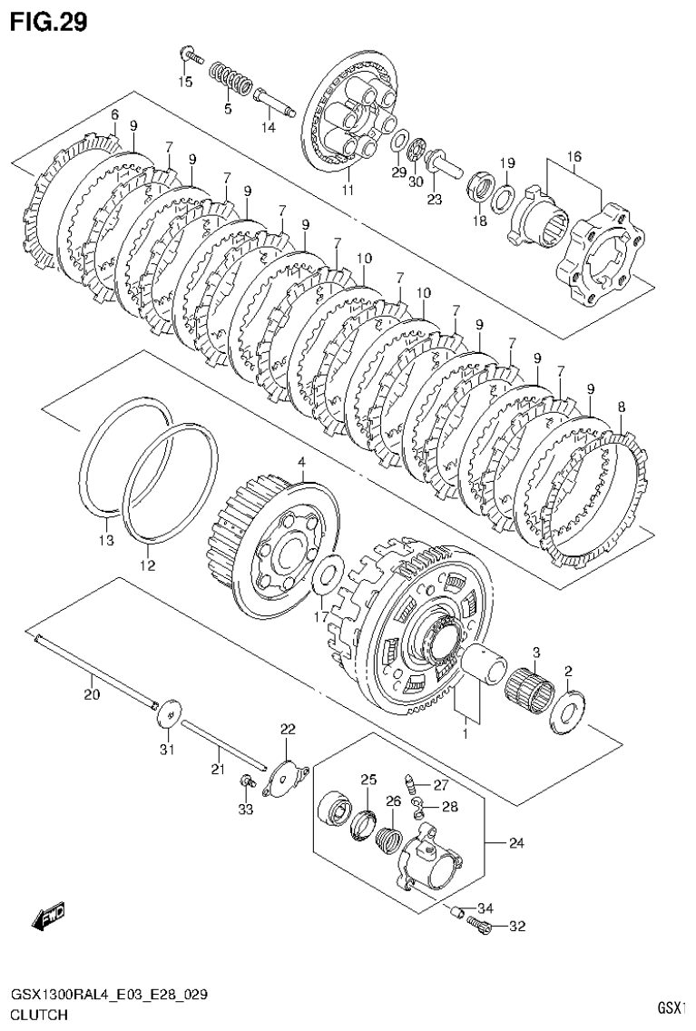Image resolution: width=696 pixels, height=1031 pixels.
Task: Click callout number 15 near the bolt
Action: click(185, 83)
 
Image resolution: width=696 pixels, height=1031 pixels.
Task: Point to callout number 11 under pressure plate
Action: click(347, 190)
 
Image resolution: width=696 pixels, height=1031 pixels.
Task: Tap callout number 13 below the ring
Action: click(106, 541)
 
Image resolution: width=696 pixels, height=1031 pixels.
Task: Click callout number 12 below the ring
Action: click(147, 565)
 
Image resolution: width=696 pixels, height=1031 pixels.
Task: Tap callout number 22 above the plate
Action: click(288, 730)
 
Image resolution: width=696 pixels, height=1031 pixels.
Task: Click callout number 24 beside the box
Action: click(515, 844)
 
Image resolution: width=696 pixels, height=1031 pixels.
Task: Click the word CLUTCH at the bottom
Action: click(38, 1015)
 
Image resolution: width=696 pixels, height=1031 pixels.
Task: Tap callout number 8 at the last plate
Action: click(621, 407)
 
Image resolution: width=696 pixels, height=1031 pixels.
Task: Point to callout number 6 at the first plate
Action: click(114, 114)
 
